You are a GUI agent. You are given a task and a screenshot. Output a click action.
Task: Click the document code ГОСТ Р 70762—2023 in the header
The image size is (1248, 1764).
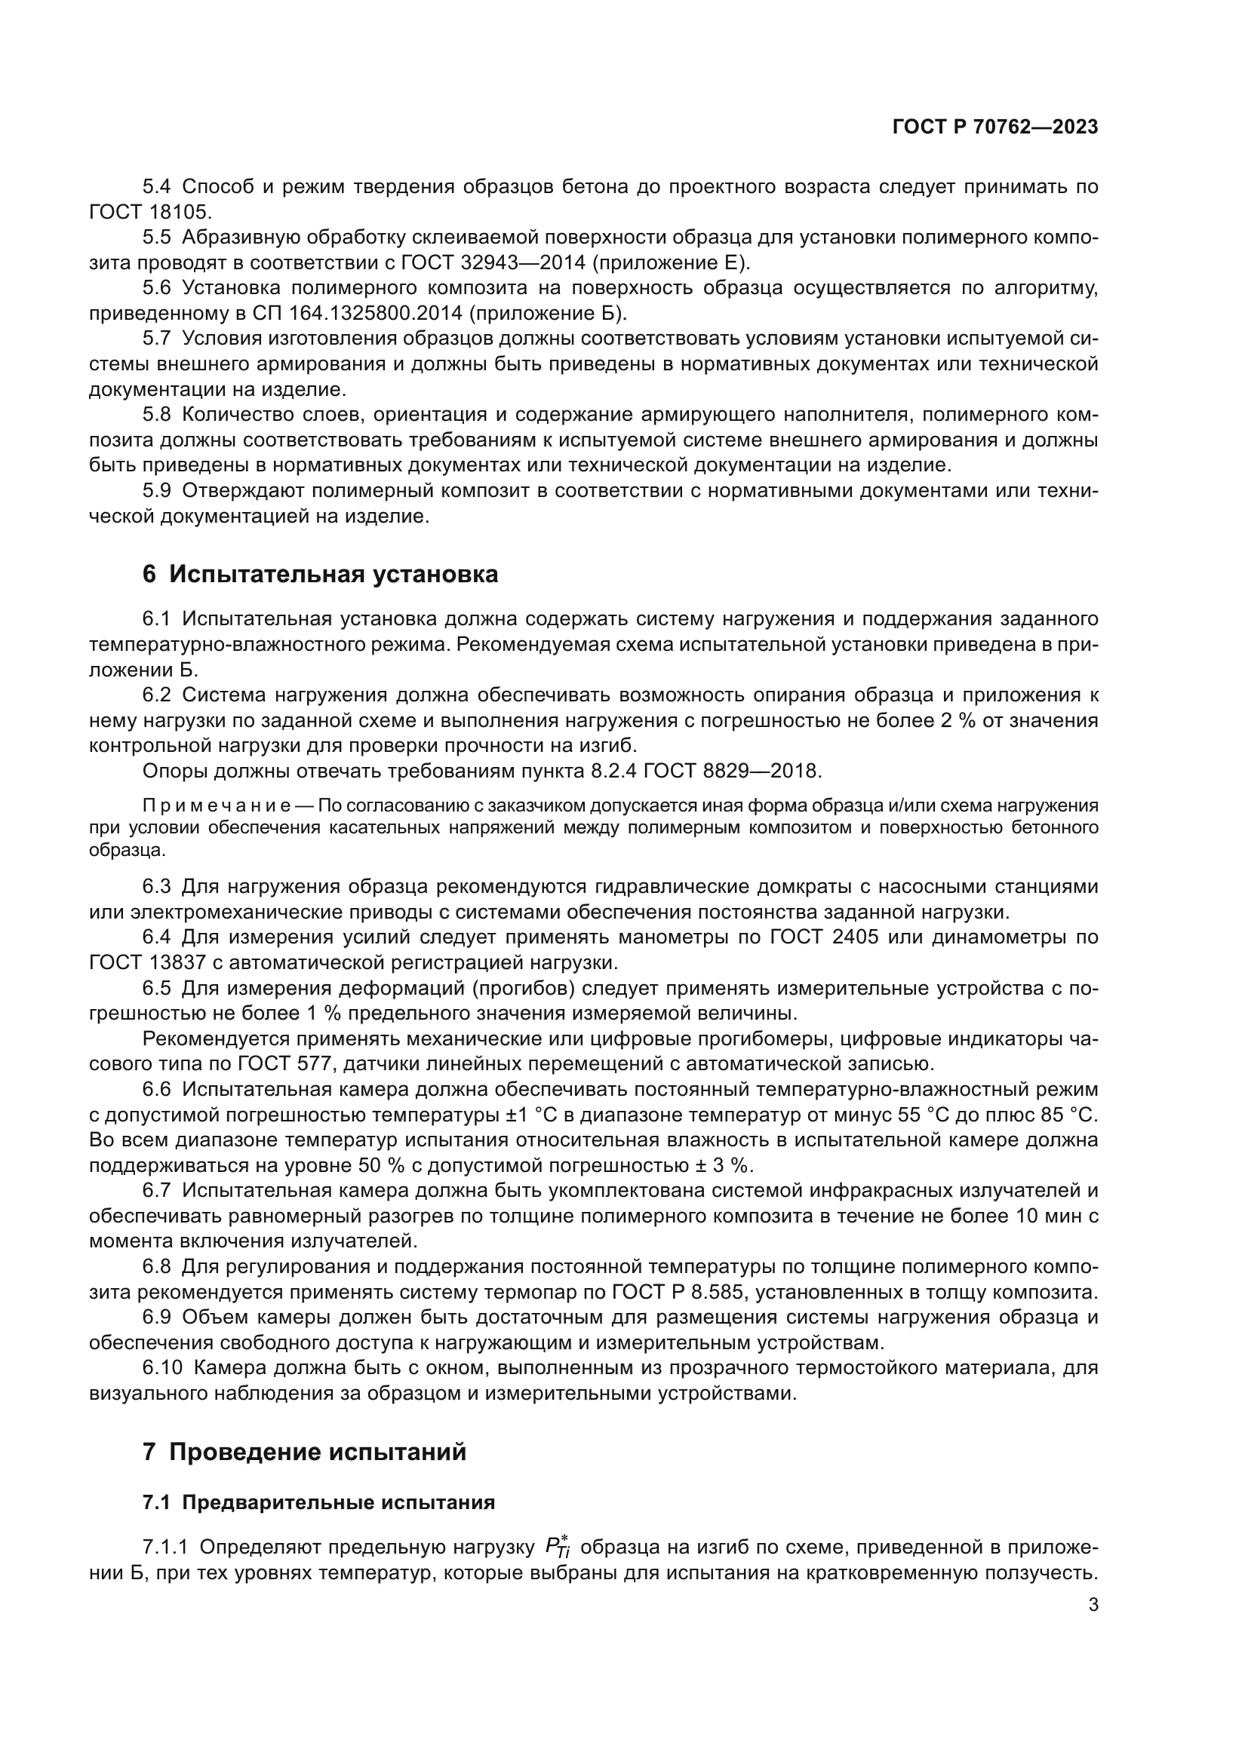pos(994,127)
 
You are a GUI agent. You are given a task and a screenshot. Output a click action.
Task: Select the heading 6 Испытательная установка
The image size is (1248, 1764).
pos(320,574)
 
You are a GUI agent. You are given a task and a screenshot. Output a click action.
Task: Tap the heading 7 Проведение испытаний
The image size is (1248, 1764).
pos(304,1452)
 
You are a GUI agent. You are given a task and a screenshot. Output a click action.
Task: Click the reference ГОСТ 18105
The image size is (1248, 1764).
pos(149,211)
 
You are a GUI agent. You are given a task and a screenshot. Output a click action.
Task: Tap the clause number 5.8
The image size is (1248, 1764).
pos(157,415)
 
